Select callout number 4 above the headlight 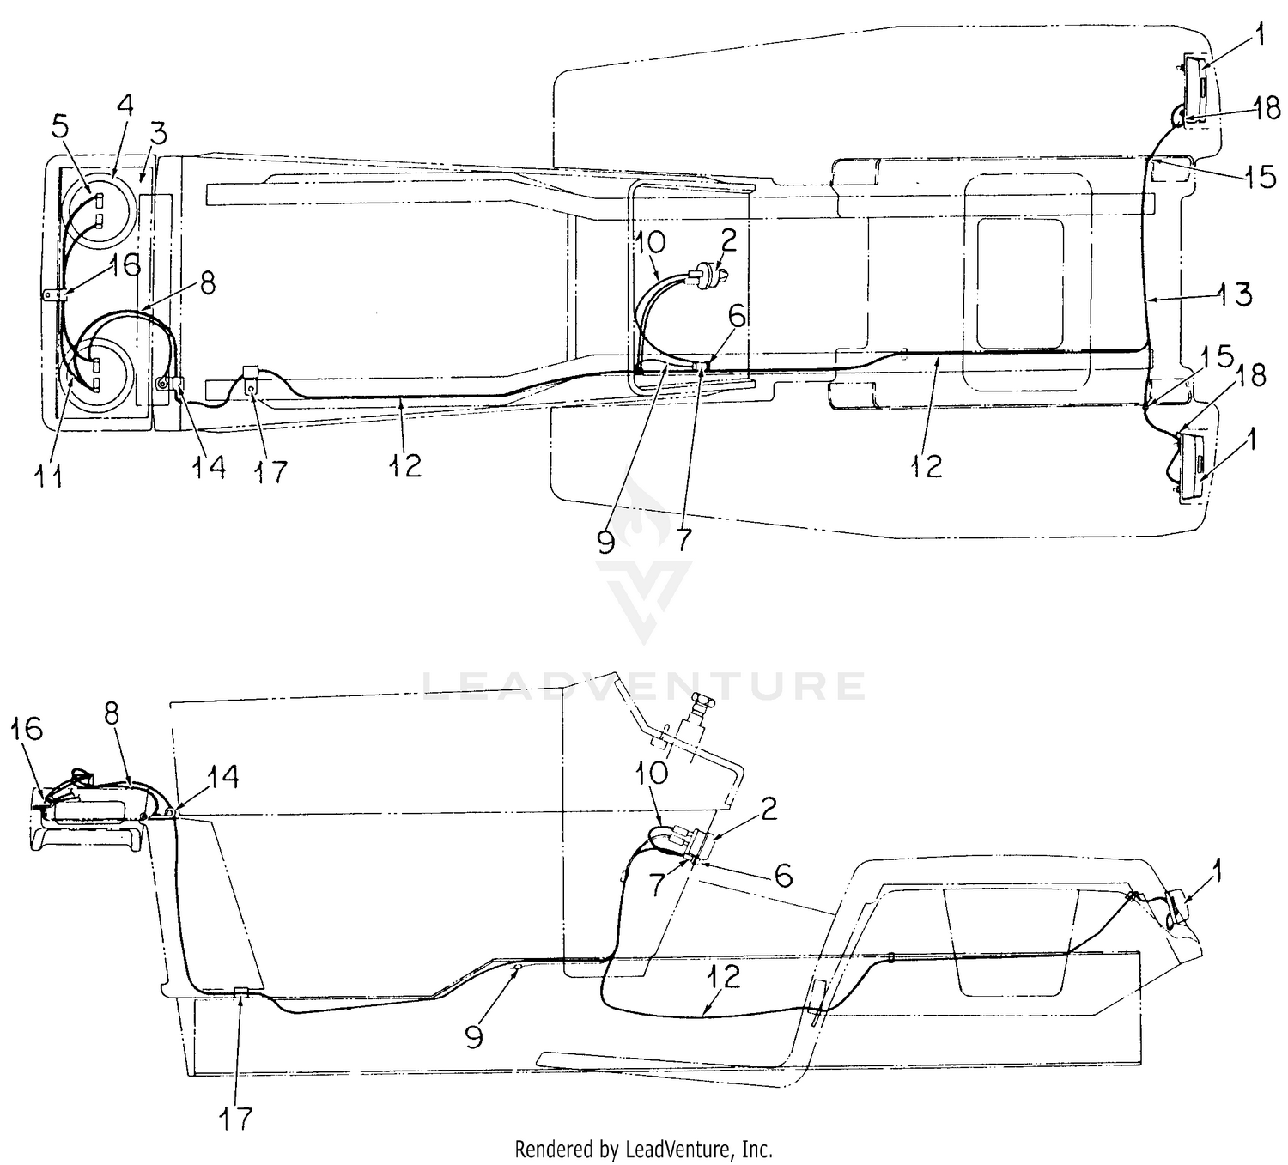(125, 106)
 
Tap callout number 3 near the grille (159, 133)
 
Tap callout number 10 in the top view (650, 244)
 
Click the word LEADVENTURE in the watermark (643, 685)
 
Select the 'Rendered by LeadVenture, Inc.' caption (643, 1149)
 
